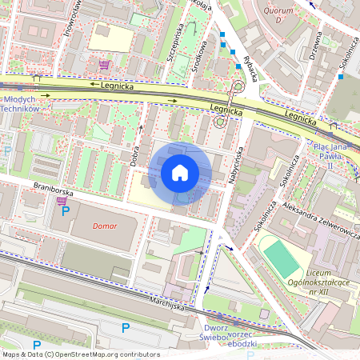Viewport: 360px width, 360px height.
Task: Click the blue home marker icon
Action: coord(180,173)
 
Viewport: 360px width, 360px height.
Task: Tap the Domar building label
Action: coord(104,226)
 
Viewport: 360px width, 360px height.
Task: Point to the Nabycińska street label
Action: coord(237,169)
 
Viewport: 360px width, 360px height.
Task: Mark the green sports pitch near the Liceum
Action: coord(281,259)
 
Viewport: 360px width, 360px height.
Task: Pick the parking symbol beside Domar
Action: coord(66,212)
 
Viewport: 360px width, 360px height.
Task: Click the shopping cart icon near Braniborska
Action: coord(62,201)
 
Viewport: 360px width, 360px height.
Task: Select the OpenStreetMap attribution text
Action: coord(81,354)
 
